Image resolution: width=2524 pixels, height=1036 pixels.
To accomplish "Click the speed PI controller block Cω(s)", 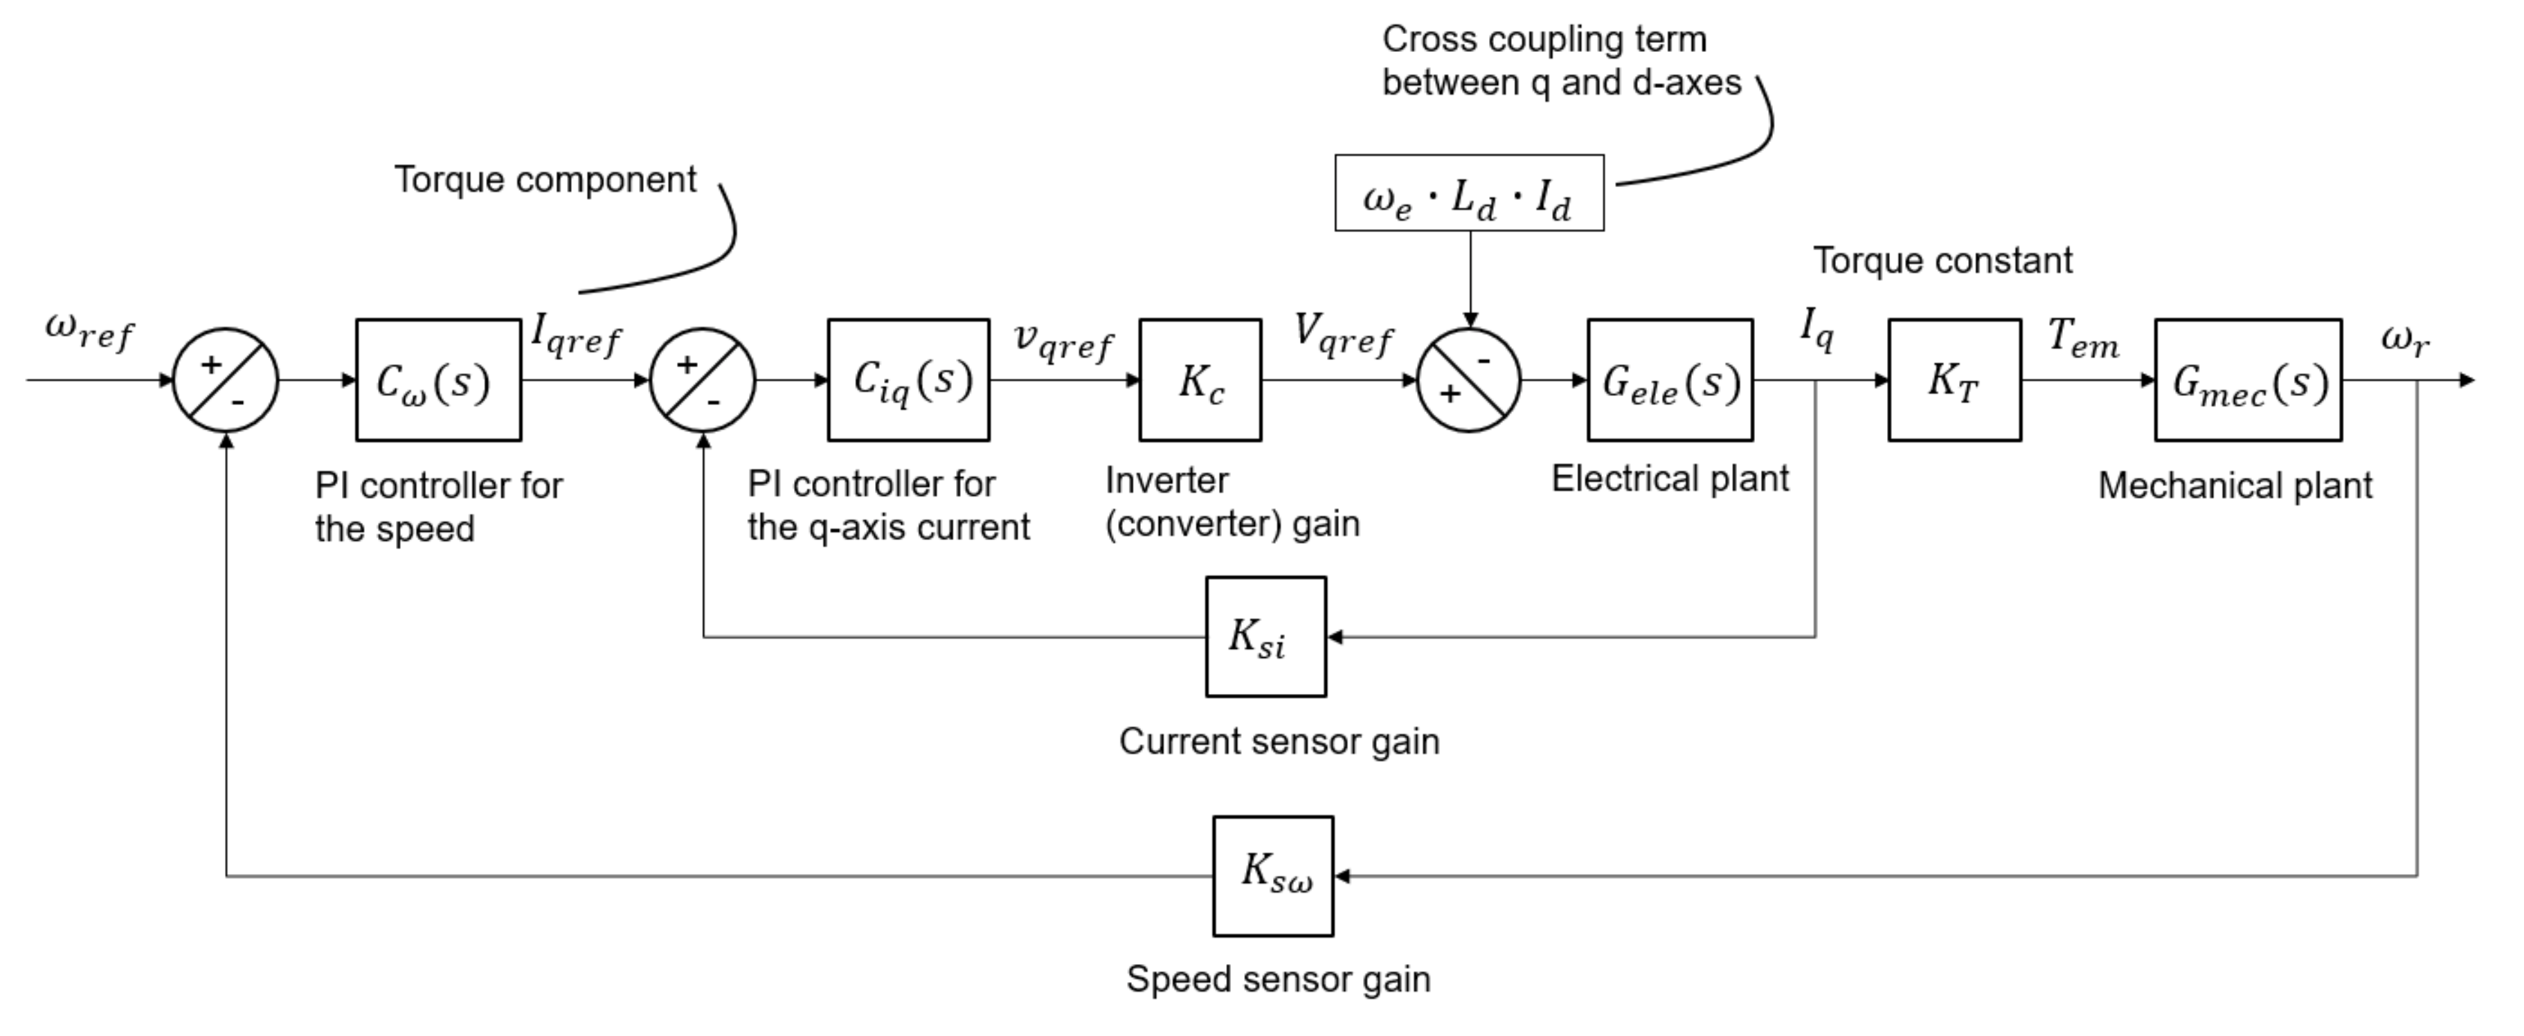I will coord(438,380).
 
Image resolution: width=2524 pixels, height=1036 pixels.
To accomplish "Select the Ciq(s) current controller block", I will coord(908,380).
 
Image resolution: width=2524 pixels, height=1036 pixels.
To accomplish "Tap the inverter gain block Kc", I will coord(1200,380).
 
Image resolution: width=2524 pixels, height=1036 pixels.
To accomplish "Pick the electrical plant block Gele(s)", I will coord(1670,380).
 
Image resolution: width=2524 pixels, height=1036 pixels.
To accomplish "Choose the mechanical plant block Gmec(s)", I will coord(2248,380).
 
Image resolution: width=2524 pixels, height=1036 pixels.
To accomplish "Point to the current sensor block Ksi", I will coord(1266,637).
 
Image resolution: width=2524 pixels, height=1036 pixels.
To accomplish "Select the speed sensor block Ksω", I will coord(1274,876).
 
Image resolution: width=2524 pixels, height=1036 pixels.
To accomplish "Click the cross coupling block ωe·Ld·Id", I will coord(1470,193).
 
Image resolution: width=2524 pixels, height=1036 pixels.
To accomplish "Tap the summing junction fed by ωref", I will coord(226,380).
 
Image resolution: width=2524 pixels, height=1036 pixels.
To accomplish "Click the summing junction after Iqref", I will coord(703,380).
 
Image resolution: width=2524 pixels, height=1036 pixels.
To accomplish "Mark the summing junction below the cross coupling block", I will coord(1470,380).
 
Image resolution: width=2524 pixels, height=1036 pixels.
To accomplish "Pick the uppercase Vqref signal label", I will coord(1343,334).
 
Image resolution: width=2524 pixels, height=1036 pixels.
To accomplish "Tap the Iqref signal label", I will coord(576,335).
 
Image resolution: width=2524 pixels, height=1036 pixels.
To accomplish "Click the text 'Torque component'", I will coord(545,179).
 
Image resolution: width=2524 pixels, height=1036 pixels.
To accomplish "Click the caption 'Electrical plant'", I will coord(1670,479).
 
